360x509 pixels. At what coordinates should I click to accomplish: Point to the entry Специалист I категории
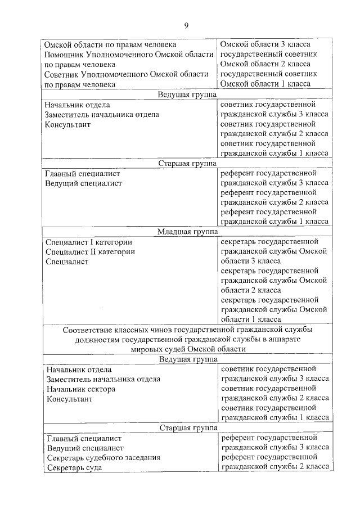[x=89, y=242]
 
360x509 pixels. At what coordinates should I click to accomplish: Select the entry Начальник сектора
[x=82, y=389]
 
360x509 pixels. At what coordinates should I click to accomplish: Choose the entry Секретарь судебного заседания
[x=104, y=458]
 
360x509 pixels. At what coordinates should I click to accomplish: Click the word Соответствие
[x=88, y=329]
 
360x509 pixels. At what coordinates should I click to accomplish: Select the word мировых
[x=145, y=349]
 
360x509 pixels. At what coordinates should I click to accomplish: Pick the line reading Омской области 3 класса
[x=265, y=44]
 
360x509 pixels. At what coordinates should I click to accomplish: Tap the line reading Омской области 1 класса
[x=265, y=84]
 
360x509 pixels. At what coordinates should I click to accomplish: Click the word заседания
[x=142, y=458]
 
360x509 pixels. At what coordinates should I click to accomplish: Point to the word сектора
[x=101, y=389]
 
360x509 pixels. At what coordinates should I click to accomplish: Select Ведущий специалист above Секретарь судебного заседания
[x=85, y=448]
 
